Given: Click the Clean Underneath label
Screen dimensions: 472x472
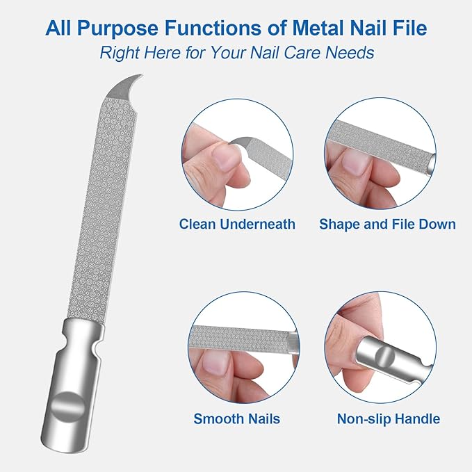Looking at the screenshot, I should [x=237, y=225].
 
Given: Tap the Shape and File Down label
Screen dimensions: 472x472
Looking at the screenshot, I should [x=387, y=225].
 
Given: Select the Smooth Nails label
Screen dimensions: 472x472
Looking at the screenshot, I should [x=237, y=419].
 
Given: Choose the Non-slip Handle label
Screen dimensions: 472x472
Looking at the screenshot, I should [x=388, y=419].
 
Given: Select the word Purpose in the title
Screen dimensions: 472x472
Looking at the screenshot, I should [x=111, y=29].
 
